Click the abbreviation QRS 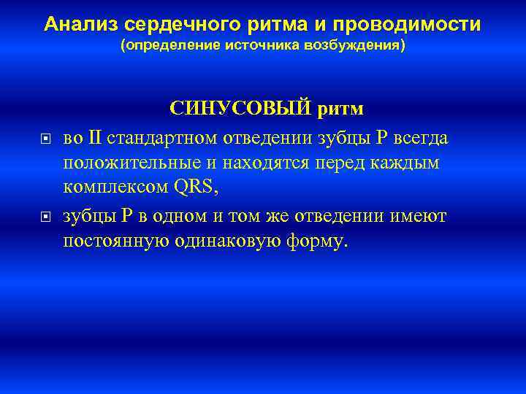pos(197,188)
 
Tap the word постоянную pos(117,242)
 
